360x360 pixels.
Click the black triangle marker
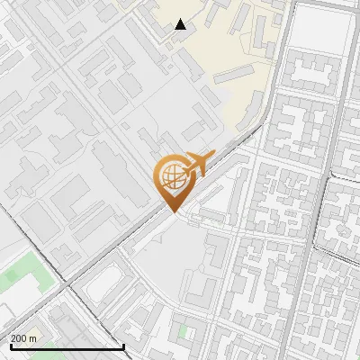click(181, 24)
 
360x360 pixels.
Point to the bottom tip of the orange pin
click(173, 212)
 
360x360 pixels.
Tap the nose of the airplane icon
click(213, 156)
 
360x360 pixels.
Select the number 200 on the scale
click(20, 339)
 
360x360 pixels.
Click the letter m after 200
click(33, 339)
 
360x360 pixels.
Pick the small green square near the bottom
click(183, 331)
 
